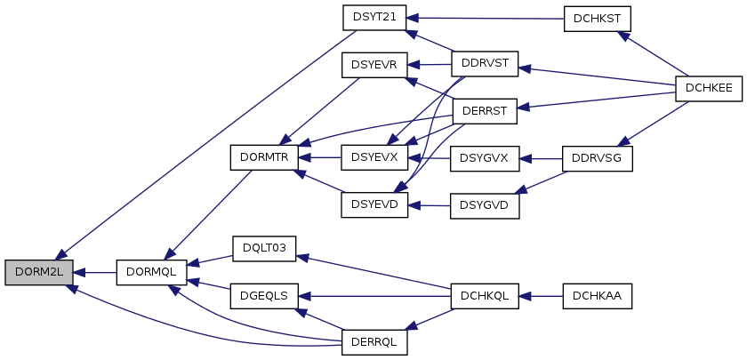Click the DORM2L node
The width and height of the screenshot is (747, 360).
point(37,272)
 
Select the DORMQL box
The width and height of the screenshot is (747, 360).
point(150,272)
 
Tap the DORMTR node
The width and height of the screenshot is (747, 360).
point(264,158)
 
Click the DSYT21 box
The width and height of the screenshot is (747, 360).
point(374,17)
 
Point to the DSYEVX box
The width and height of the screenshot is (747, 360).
point(374,158)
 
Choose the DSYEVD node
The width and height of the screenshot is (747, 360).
point(374,204)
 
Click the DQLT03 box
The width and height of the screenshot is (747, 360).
point(264,248)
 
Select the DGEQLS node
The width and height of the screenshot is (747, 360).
point(264,295)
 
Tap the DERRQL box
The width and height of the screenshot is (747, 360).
point(374,340)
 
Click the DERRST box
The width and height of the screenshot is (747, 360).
point(485,111)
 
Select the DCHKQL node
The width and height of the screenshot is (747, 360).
point(485,295)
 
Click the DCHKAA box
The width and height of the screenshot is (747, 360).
point(597,295)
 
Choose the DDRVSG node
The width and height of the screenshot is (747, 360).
point(597,158)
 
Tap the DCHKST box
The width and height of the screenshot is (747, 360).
point(597,20)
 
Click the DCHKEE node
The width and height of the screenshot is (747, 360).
point(709,88)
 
